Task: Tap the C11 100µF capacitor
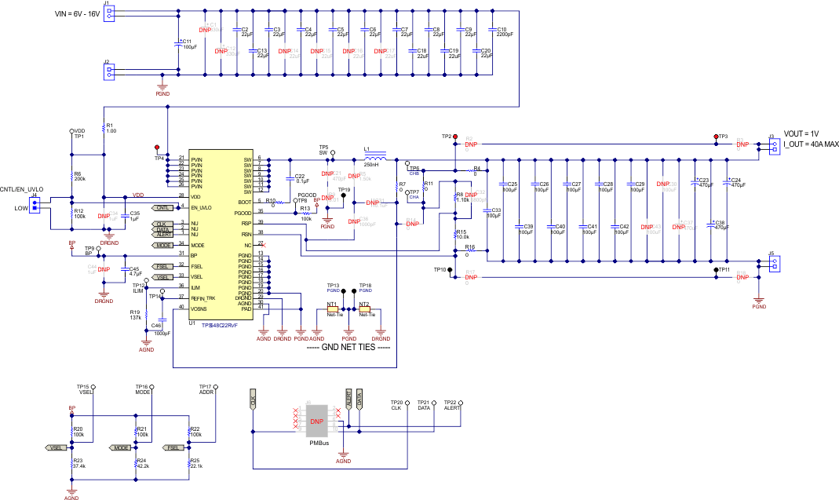181,44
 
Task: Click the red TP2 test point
455,137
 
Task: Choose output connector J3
775,146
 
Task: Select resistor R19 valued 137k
145,316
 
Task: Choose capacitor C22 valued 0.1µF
289,180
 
